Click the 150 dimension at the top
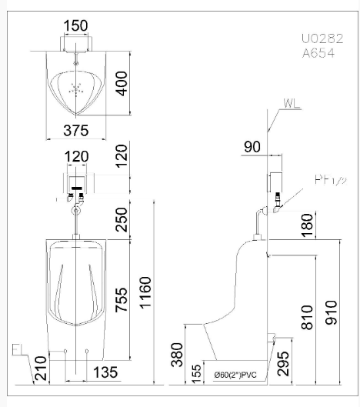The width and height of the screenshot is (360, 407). [x=75, y=25]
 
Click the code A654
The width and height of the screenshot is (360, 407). [x=318, y=53]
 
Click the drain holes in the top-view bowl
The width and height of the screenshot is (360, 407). [x=75, y=88]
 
